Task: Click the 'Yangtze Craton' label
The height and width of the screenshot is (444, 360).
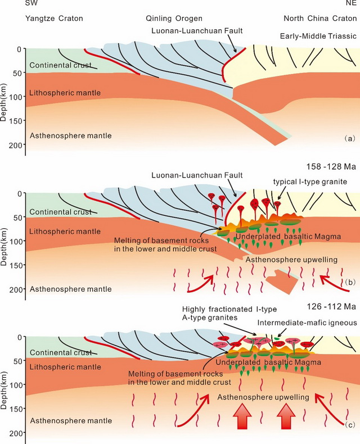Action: point(54,19)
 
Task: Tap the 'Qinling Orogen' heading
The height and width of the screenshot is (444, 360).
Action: point(174,19)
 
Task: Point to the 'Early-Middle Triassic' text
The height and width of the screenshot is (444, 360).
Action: point(318,37)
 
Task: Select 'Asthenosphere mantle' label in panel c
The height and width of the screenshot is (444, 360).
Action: point(63,421)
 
